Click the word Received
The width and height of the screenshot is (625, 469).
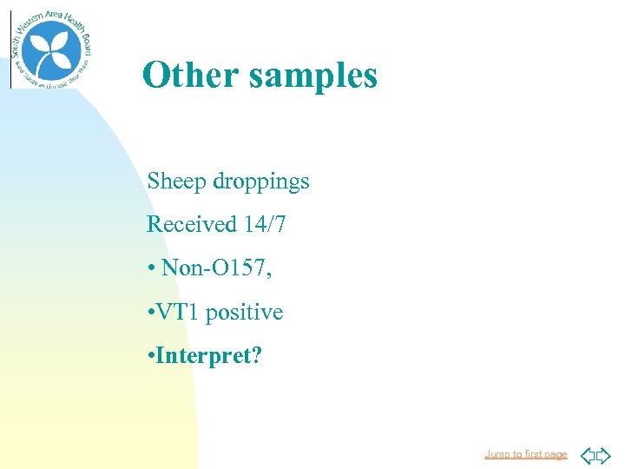click(191, 225)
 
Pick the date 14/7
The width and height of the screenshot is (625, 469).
click(264, 225)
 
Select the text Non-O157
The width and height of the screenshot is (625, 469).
click(215, 268)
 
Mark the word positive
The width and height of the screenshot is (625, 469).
click(245, 313)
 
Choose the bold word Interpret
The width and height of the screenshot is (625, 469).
click(202, 356)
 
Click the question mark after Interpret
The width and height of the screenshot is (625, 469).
click(255, 356)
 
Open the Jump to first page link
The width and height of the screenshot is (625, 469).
click(525, 454)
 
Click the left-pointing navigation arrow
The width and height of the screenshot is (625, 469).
click(587, 454)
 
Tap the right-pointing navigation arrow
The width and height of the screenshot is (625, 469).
click(603, 454)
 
